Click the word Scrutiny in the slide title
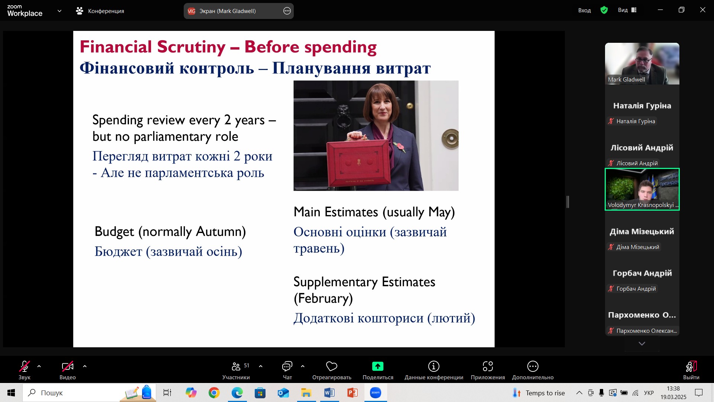coord(191,47)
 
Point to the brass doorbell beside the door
coord(450,139)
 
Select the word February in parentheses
coord(323,298)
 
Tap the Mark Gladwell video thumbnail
coord(642,64)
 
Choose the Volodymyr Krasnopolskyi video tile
coord(642,189)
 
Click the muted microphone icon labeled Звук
coord(25,367)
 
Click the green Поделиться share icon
coord(377,367)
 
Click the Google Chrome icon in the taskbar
coord(214,393)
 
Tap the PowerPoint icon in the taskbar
coord(352,393)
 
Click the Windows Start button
coord(11,393)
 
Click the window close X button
coord(702,10)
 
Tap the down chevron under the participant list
coord(642,344)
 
